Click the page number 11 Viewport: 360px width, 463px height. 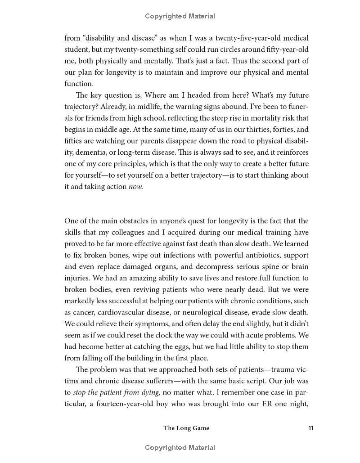coord(310,428)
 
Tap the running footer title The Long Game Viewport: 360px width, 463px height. coord(186,428)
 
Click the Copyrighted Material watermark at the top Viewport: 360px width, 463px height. coord(180,16)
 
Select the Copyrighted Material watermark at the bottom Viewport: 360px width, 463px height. coord(180,447)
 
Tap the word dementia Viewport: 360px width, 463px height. coord(90,152)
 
